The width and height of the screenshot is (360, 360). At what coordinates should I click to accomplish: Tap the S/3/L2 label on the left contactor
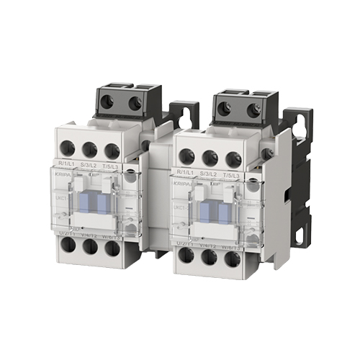(89, 165)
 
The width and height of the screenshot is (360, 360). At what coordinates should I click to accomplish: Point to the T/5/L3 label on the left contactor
(112, 165)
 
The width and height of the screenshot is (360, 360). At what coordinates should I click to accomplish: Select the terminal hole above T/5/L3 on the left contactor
(111, 150)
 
